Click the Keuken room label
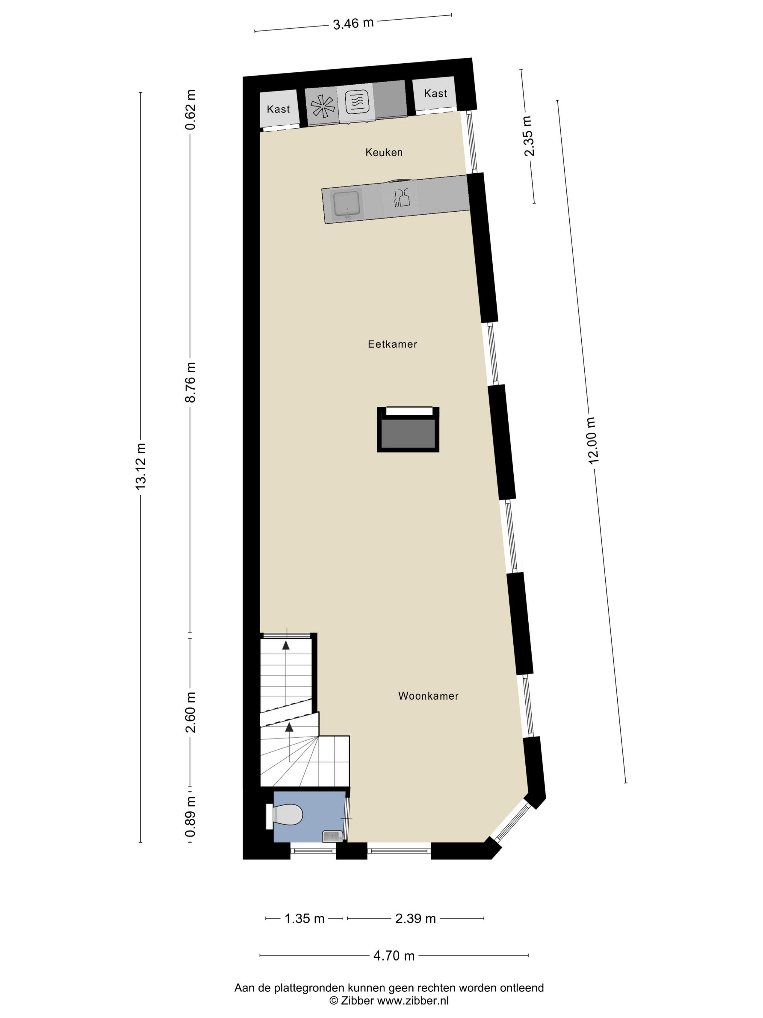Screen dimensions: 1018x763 (384, 152)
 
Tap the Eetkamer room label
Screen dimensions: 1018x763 (392, 344)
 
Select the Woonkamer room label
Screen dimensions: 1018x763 (428, 696)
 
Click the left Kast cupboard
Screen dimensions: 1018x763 (278, 109)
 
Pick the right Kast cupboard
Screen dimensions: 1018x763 (435, 93)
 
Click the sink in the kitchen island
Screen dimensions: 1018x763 (346, 204)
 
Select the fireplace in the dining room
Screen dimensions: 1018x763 (408, 429)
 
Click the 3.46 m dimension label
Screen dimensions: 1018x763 (353, 23)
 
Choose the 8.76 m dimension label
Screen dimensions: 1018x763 (190, 382)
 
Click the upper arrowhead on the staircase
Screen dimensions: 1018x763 (286, 645)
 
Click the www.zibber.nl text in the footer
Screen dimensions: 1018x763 (412, 1001)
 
